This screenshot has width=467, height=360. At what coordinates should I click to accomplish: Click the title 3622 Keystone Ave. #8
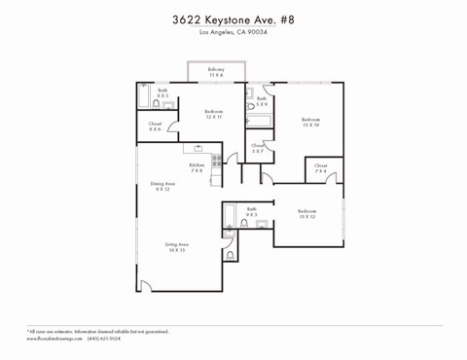233,18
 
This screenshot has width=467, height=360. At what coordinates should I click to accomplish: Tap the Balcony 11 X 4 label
216,72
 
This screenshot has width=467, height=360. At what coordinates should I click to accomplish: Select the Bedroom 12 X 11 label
214,114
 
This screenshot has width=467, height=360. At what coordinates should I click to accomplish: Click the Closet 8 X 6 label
155,126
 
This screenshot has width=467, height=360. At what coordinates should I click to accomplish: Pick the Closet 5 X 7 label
258,149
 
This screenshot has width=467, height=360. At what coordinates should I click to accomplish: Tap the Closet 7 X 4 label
321,168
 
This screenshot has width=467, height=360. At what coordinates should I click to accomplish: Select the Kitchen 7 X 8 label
196,167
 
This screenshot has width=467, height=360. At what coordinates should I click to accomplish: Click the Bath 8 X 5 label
162,93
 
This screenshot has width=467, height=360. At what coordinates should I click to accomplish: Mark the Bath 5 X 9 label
262,100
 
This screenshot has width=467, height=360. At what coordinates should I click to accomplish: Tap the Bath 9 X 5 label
251,211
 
